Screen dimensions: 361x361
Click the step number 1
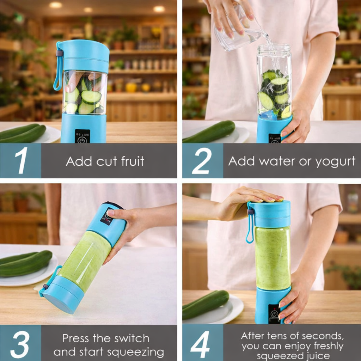(x=21, y=161)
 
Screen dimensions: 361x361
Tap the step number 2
(x=202, y=161)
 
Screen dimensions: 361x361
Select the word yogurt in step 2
(x=335, y=161)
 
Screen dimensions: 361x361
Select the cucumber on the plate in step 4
(x=206, y=304)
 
